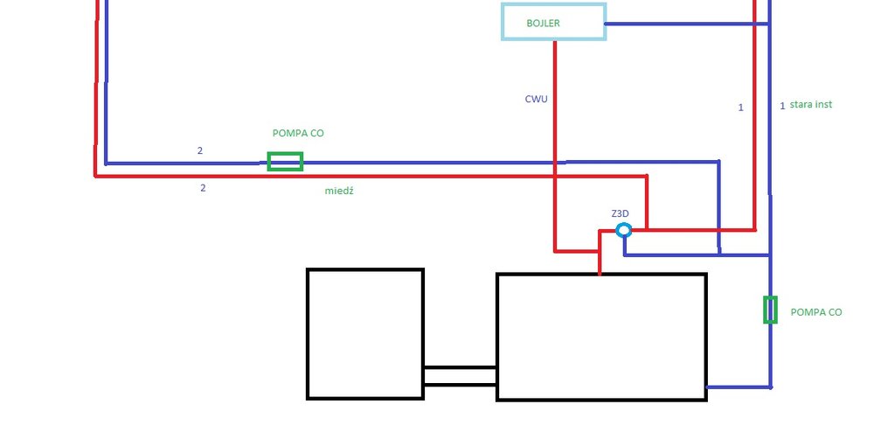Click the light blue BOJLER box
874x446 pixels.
[x=553, y=22]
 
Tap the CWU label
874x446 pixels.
[x=537, y=100]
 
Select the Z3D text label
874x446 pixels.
[x=621, y=213]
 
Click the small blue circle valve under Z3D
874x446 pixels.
[x=623, y=230]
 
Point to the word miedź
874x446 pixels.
[x=339, y=191]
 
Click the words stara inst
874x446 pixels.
[x=810, y=105]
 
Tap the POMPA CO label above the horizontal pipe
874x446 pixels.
[x=298, y=134]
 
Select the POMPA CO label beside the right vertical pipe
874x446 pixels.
[x=816, y=312]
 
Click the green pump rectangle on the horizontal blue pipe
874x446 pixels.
[x=285, y=162]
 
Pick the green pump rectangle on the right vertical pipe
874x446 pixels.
[x=770, y=310]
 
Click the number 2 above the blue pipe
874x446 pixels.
[x=200, y=151]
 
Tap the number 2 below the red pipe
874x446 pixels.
[x=203, y=187]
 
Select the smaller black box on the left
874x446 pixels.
[x=365, y=333]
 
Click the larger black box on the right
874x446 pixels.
[x=601, y=337]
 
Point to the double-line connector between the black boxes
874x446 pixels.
[x=460, y=376]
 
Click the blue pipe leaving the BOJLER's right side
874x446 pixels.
[x=682, y=24]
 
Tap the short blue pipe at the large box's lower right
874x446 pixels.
[x=738, y=387]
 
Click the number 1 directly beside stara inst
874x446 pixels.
[x=782, y=106]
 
